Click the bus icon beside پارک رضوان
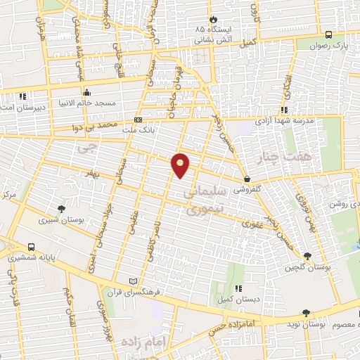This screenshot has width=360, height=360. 328,34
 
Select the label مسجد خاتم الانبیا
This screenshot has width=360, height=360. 86,103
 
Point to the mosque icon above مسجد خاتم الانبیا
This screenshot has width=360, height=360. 86,92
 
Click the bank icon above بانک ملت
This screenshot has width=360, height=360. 137,120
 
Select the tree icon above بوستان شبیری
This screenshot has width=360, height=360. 62,209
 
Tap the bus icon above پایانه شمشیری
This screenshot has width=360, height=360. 31,247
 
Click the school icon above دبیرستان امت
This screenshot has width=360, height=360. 23,96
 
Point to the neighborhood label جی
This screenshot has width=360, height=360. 86,148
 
